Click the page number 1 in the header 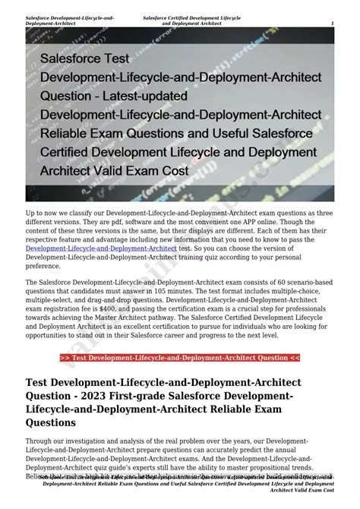tap(332, 23)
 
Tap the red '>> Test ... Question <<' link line tap(180, 358)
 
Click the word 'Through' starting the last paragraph tap(39, 441)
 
